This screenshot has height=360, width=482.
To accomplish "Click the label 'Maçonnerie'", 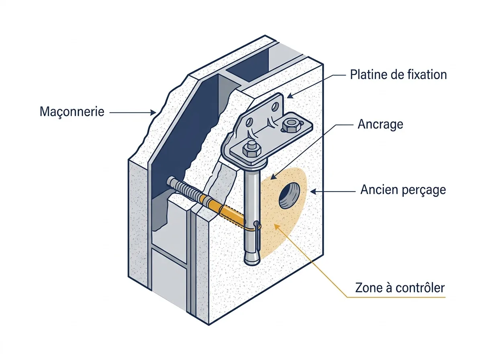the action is click(x=72, y=112).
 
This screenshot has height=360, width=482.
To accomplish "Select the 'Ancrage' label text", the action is click(x=380, y=125).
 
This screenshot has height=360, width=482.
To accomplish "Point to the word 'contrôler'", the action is click(x=420, y=288).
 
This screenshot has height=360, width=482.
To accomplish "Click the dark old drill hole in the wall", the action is click(x=289, y=196).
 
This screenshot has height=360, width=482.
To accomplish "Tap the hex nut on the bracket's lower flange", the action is click(x=252, y=149).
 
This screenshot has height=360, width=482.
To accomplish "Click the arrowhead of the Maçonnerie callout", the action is click(x=153, y=112).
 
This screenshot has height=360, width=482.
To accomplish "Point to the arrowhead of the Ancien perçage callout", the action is click(x=313, y=192).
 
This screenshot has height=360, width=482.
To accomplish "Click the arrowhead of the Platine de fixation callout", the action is click(x=290, y=96).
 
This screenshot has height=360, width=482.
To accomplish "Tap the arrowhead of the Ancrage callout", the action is click(x=273, y=177).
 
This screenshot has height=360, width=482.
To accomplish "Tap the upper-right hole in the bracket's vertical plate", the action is click(x=275, y=107).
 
